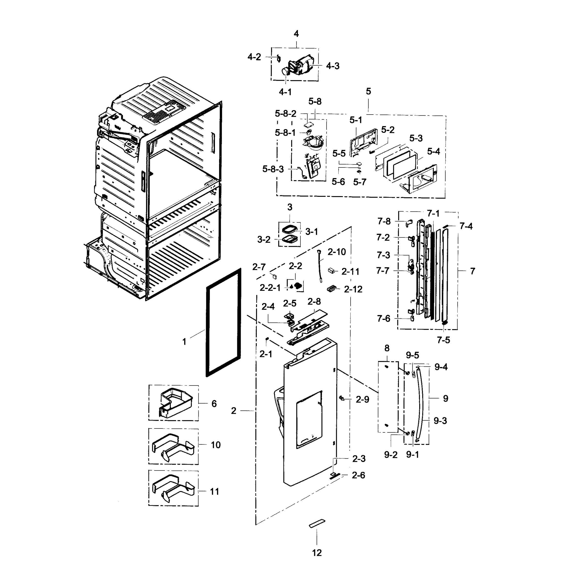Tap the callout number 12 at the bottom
tap(317, 553)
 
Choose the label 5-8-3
tap(273, 169)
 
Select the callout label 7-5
tap(443, 340)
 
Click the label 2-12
tap(353, 289)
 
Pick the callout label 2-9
tap(362, 399)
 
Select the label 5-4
tap(433, 152)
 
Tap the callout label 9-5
tap(412, 355)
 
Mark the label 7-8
tap(384, 221)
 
